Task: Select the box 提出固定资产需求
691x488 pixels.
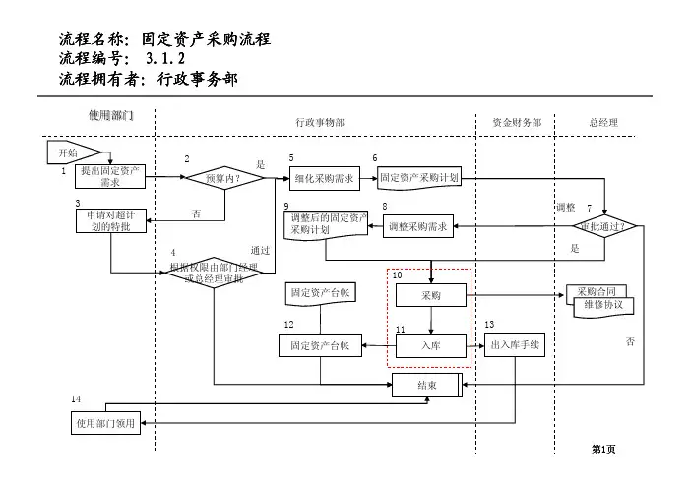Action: click(x=110, y=177)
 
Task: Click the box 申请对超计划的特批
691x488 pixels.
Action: click(x=110, y=220)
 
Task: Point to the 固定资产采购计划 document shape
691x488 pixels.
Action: click(x=418, y=178)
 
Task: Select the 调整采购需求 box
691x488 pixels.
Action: click(x=418, y=227)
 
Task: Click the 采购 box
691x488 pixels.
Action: click(x=431, y=295)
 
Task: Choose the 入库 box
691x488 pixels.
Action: click(x=431, y=345)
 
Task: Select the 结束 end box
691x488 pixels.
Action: click(x=427, y=385)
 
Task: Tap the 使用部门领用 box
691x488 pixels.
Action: click(x=107, y=424)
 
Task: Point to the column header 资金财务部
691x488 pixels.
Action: click(x=517, y=123)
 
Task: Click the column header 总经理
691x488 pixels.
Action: click(x=603, y=123)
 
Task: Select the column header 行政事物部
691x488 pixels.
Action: click(x=320, y=123)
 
